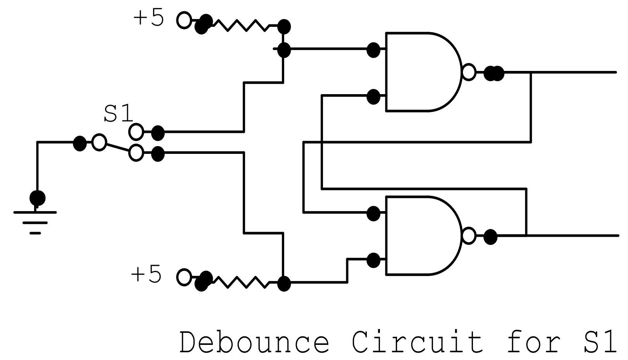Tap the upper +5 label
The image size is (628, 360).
tap(148, 18)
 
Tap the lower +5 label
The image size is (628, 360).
tap(146, 275)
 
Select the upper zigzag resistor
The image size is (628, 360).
tap(240, 25)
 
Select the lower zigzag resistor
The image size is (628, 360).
tap(240, 282)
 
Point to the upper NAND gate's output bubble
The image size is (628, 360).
tap(469, 72)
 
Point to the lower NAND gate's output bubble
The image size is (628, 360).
tap(469, 236)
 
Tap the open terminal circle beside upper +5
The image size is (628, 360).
tap(184, 20)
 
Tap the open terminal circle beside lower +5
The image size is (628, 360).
tap(184, 277)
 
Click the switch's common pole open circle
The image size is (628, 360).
tap(99, 142)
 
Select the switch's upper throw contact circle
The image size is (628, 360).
tap(136, 132)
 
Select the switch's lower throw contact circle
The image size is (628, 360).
tap(136, 153)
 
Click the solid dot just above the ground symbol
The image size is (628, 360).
tap(38, 198)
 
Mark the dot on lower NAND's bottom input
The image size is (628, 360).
tap(373, 260)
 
